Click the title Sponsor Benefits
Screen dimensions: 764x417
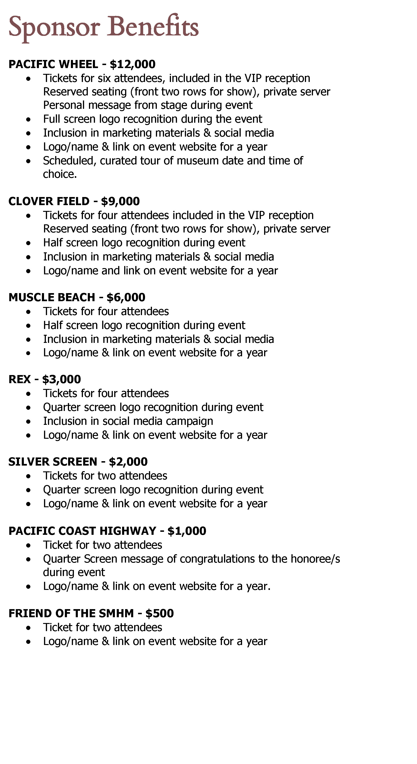click(104, 27)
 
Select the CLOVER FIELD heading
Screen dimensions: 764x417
click(49, 201)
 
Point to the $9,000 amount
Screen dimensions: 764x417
click(120, 201)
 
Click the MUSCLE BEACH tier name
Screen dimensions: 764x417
click(52, 297)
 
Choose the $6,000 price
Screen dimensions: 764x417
click(126, 297)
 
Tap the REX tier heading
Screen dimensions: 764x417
click(20, 379)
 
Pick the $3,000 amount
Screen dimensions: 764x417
click(61, 379)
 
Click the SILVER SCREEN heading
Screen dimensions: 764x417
click(53, 462)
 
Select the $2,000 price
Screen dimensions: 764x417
click(128, 462)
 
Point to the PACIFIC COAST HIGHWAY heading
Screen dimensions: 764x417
click(82, 531)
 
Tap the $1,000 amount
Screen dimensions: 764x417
click(187, 531)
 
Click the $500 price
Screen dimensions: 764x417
click(159, 613)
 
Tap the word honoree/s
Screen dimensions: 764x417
click(315, 559)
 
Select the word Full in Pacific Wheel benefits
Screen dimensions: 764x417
click(52, 119)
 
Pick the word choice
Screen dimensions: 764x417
click(60, 174)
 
